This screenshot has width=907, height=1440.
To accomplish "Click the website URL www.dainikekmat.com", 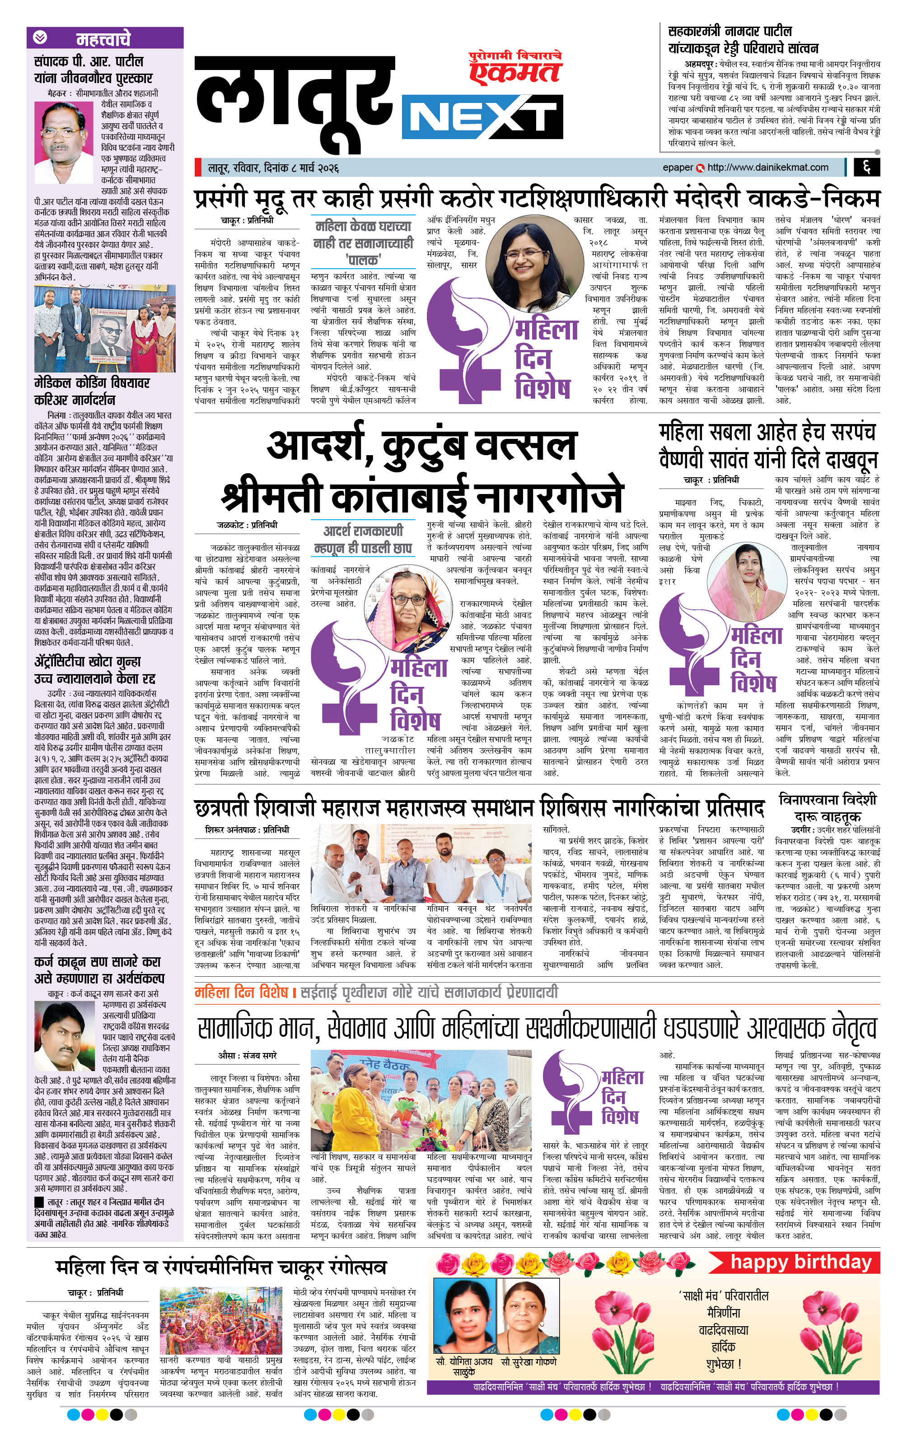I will point(767,168).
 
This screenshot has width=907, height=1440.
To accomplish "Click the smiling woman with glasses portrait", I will point(524,260).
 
